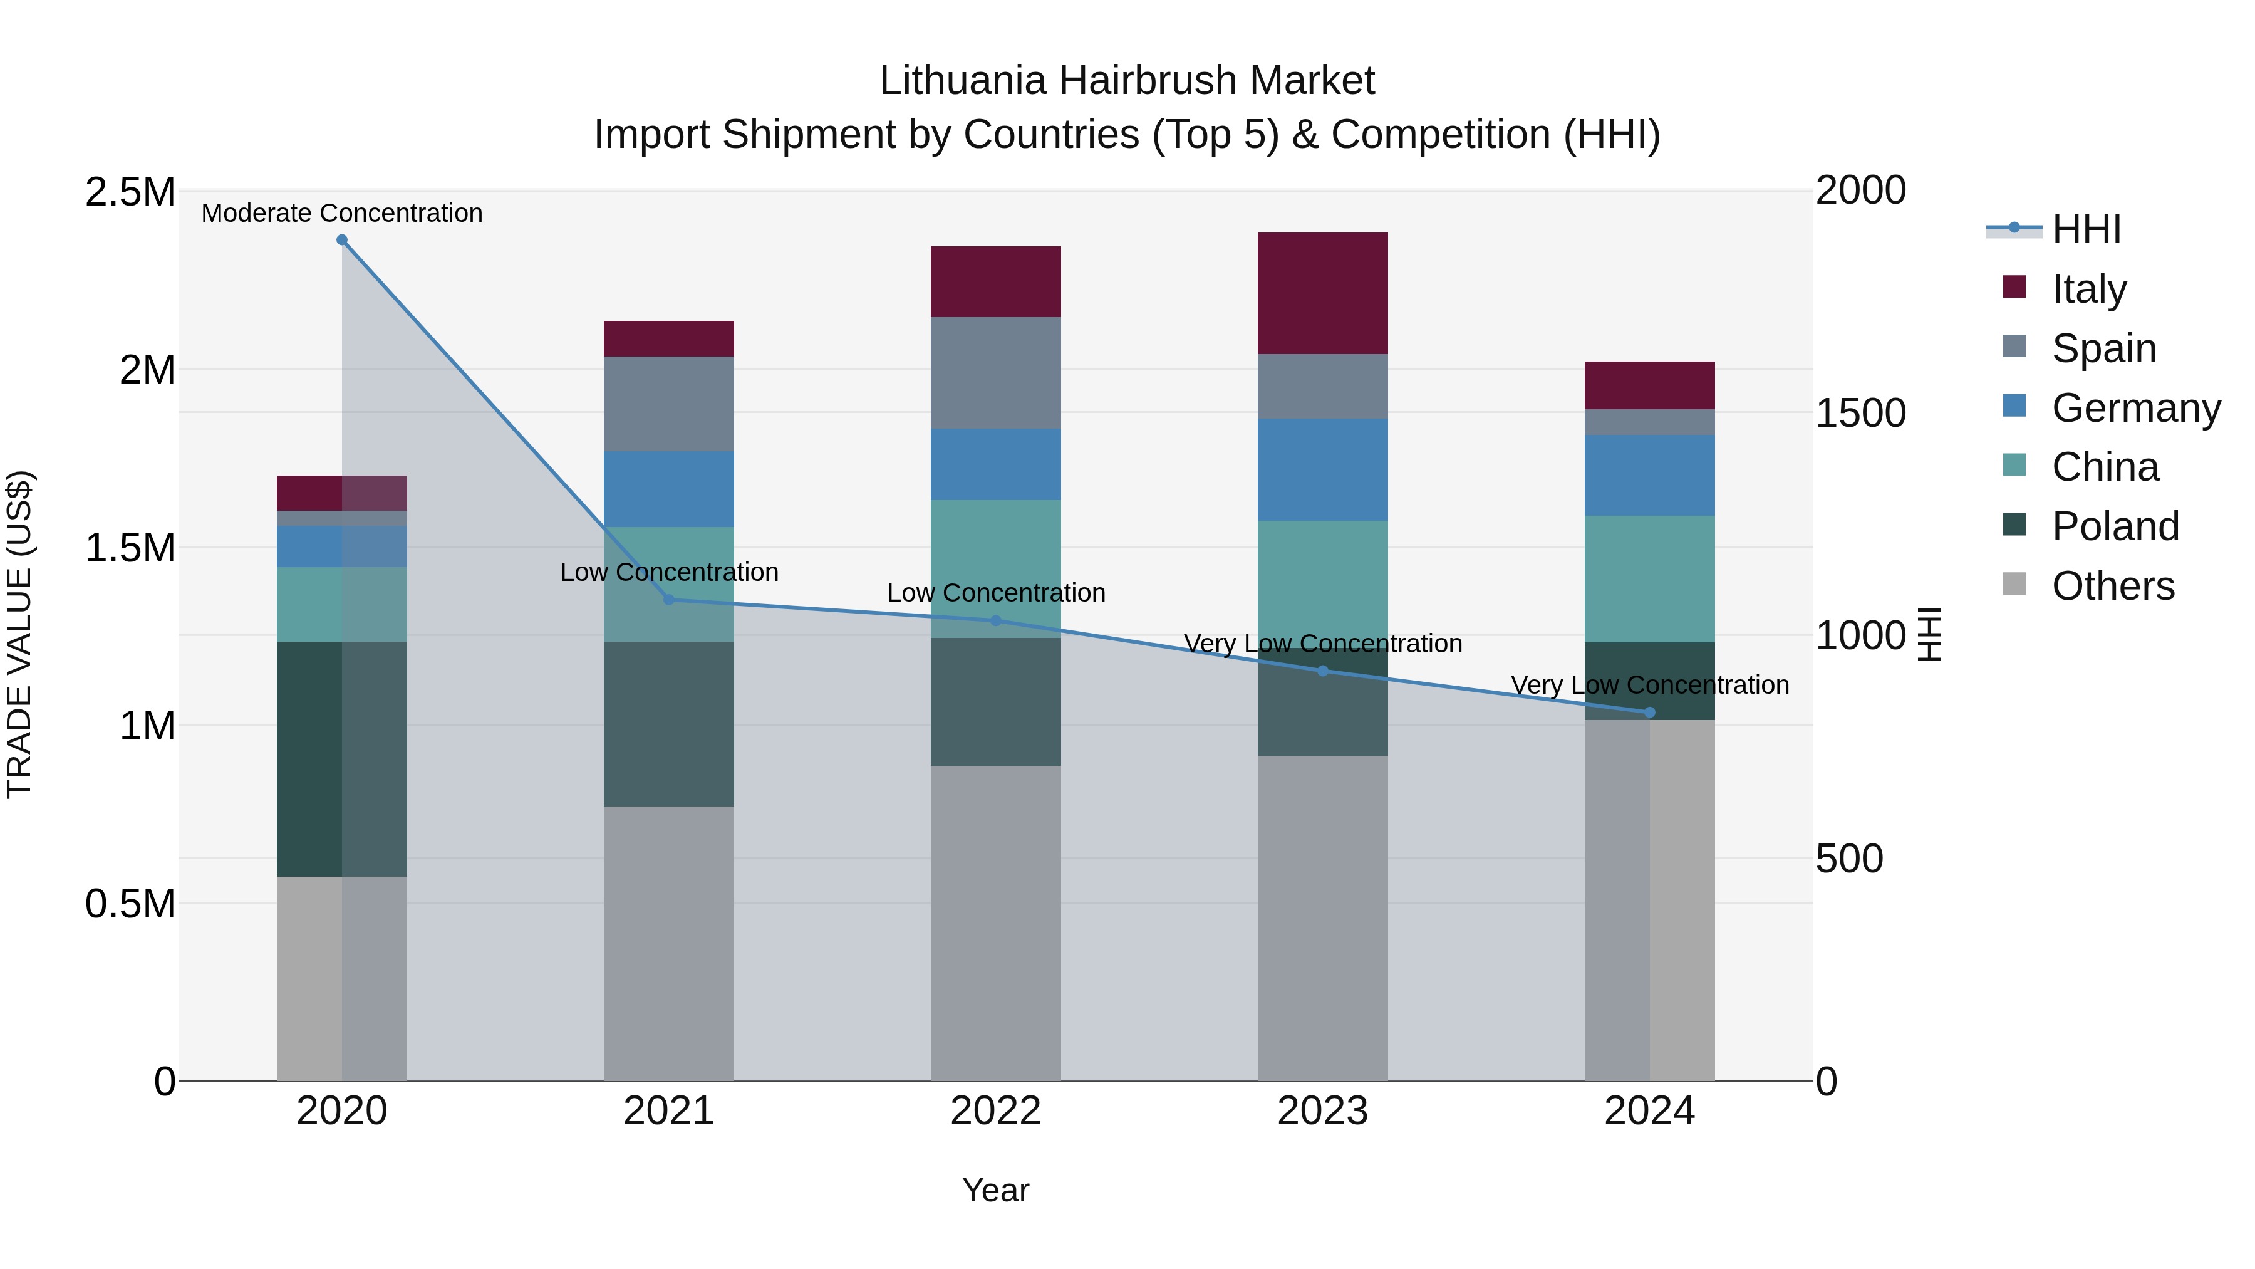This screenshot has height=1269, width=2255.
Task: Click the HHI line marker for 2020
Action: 342,240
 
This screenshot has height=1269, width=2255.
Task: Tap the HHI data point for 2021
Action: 669,600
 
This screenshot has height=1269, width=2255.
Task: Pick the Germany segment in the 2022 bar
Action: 995,464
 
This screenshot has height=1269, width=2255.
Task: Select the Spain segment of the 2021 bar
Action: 669,404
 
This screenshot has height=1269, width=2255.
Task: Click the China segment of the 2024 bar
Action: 1649,579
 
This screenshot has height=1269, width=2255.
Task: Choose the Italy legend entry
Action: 2088,288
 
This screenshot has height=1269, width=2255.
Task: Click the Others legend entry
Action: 2112,586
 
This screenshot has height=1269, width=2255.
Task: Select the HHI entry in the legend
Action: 2086,229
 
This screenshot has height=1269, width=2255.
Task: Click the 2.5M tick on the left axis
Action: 130,192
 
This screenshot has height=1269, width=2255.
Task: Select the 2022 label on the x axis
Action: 995,1110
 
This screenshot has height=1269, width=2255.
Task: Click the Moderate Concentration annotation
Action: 342,213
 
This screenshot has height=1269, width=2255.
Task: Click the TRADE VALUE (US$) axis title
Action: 19,634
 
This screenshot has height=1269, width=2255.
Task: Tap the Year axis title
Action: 995,1190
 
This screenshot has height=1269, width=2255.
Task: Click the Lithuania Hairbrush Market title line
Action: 1127,81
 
